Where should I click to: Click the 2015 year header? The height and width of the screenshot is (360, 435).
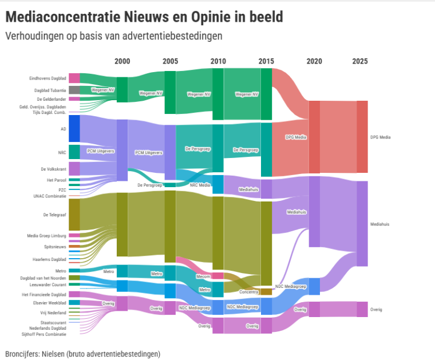click(x=266, y=61)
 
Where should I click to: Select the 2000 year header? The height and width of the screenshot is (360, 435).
click(x=122, y=61)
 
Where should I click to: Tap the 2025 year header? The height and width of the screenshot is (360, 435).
click(x=360, y=61)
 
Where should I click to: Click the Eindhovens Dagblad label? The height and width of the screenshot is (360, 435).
click(x=48, y=78)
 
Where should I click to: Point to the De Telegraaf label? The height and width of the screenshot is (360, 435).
click(x=54, y=215)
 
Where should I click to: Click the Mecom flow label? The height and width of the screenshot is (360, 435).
click(x=203, y=276)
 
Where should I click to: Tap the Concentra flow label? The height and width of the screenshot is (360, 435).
click(x=249, y=292)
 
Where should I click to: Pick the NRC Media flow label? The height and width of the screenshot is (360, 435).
click(x=200, y=184)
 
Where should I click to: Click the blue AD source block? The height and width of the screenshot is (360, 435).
click(x=74, y=128)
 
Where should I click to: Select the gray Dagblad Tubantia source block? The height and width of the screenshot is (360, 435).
click(x=74, y=90)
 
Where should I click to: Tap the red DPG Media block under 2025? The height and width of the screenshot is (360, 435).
click(x=362, y=137)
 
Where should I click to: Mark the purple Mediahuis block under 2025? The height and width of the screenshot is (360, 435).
click(x=362, y=224)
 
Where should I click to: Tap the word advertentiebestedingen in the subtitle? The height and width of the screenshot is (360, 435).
click(x=175, y=35)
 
